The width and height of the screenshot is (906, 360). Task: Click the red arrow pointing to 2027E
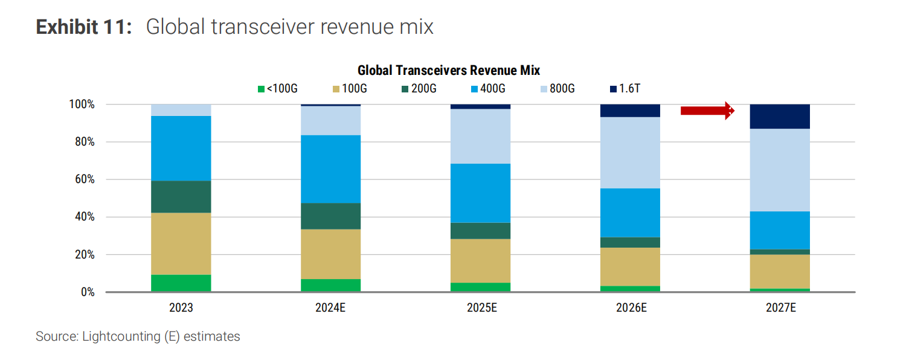click(707, 111)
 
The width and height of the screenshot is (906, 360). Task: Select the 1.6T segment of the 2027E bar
click(780, 117)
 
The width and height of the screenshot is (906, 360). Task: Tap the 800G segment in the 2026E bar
click(630, 153)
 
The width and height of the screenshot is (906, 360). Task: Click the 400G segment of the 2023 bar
click(181, 149)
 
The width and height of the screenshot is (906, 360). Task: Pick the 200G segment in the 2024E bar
click(331, 216)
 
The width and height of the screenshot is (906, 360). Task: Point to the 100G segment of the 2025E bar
click(481, 261)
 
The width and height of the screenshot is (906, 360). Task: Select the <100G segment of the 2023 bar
click(181, 283)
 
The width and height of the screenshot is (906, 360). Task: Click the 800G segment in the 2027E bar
click(780, 170)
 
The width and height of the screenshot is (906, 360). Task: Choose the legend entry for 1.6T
click(625, 89)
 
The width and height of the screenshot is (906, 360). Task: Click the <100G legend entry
click(277, 89)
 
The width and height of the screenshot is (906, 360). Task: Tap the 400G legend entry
click(488, 89)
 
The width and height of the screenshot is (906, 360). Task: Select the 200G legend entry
click(419, 89)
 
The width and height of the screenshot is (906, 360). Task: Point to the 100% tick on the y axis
click(82, 104)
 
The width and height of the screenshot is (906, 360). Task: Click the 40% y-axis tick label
click(85, 217)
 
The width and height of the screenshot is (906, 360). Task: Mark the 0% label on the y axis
click(88, 292)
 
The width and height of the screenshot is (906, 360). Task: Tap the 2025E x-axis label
click(482, 308)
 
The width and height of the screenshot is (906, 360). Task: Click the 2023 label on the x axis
click(181, 308)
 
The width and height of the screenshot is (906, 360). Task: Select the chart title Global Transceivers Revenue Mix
click(449, 71)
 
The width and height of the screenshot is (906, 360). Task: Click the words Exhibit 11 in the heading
click(84, 27)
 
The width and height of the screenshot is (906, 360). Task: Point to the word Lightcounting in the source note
click(121, 336)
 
